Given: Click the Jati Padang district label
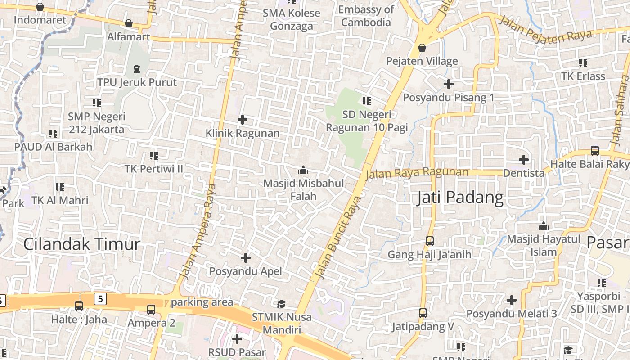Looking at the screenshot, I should click(x=459, y=198).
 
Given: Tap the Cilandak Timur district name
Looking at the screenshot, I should click(x=81, y=244).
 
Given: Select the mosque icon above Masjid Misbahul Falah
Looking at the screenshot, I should click(x=303, y=171).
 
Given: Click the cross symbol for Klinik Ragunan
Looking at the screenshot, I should click(x=243, y=120).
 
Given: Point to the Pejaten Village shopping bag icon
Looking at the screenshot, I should click(x=422, y=47).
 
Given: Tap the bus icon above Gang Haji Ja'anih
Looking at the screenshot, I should click(x=429, y=241).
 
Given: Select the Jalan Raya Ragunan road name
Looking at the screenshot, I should click(x=417, y=172).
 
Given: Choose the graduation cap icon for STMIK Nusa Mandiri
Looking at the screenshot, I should click(x=281, y=304).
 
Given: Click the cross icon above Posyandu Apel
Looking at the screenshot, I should click(x=246, y=258).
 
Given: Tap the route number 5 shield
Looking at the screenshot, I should click(x=100, y=298).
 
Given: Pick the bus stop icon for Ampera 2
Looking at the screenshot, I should click(x=151, y=310).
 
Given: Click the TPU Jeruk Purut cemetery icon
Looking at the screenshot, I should click(x=137, y=69).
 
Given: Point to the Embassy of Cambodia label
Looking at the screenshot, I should click(x=366, y=16).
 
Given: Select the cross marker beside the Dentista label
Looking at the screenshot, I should click(x=523, y=160).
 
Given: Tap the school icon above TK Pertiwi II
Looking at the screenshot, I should click(x=154, y=156).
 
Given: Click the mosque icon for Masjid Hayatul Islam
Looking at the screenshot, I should click(x=544, y=226).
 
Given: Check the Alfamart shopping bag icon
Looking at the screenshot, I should click(x=129, y=23).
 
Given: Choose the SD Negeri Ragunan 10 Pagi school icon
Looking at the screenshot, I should click(x=367, y=101).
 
